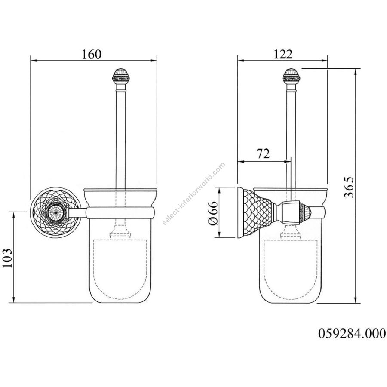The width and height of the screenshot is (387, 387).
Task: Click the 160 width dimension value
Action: click(x=91, y=54)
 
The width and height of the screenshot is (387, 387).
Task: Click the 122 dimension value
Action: click(x=283, y=54)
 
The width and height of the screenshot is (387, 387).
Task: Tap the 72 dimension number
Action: click(x=264, y=154)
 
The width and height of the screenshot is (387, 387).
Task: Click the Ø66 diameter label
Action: click(x=213, y=213)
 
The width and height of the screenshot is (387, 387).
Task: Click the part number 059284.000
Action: click(x=352, y=333)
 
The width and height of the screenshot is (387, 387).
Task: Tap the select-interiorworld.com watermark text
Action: click(x=194, y=193)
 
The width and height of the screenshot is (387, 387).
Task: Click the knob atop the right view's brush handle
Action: click(x=291, y=76)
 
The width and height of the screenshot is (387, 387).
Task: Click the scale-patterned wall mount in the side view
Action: click(x=257, y=213)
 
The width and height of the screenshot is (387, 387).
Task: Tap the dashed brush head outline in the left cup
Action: click(x=121, y=269)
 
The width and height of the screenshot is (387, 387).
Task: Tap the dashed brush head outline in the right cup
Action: click(x=291, y=269)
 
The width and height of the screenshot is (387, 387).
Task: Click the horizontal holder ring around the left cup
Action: click(x=120, y=213)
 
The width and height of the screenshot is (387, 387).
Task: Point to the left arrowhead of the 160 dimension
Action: click(x=33, y=61)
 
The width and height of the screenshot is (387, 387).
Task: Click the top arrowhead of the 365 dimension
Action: click(x=356, y=71)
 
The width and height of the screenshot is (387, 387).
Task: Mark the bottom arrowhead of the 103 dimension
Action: click(x=14, y=299)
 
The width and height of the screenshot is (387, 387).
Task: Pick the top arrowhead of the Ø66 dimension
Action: click(x=219, y=190)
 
